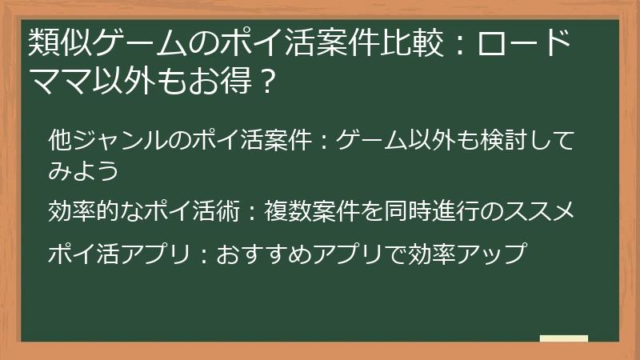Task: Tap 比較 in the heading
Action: point(413,42)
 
